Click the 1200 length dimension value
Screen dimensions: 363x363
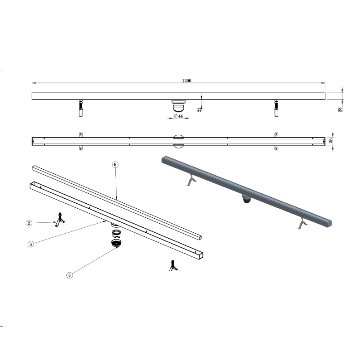coord(186,81)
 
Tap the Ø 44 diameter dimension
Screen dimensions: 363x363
coord(178,116)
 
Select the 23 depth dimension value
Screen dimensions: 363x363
coord(199,110)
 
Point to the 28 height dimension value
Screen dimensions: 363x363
coord(340,110)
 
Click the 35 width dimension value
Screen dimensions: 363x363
coord(331,140)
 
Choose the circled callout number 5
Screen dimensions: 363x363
coord(115,165)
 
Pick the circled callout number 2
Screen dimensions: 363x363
coord(29,223)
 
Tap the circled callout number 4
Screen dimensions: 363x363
coord(31,244)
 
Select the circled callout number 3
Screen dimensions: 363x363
coord(69,275)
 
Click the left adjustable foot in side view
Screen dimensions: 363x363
coord(81,108)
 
